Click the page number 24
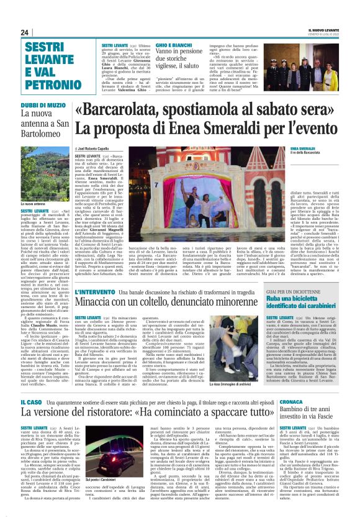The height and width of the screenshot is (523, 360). (x=25, y=32)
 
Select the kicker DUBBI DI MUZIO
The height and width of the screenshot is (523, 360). (x=43, y=104)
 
